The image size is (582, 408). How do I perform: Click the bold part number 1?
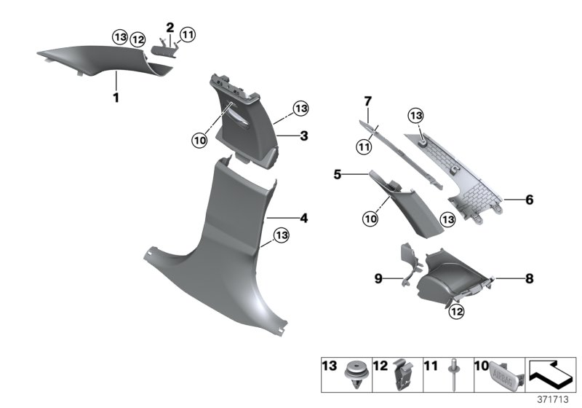pyautogui.click(x=115, y=98)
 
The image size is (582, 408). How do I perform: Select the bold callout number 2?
pyautogui.click(x=170, y=28)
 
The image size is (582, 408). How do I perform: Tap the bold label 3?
pyautogui.click(x=305, y=136)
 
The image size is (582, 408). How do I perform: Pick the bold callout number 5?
pyautogui.click(x=358, y=175)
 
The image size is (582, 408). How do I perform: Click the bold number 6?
pyautogui.click(x=530, y=198)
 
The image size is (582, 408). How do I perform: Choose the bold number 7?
pyautogui.click(x=368, y=100)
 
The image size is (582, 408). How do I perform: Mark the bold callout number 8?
pyautogui.click(x=530, y=278)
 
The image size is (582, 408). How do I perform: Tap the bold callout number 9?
pyautogui.click(x=378, y=278)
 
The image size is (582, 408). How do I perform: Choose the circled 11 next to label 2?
pyautogui.click(x=188, y=34)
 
